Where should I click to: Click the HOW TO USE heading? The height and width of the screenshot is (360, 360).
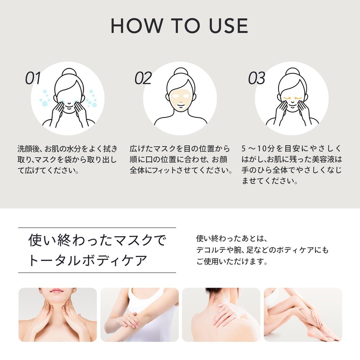click(180, 26)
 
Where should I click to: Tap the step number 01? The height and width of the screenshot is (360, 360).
click(33, 78)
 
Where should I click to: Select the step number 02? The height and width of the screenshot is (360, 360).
click(143, 78)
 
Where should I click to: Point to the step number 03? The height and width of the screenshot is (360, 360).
click(256, 78)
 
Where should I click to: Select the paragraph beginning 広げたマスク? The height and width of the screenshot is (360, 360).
click(180, 160)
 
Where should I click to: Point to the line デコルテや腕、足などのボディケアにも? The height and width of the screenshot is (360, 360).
click(262, 250)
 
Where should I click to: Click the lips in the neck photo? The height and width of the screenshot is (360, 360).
click(57, 292)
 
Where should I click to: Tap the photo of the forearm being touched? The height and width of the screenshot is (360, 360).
click(139, 315)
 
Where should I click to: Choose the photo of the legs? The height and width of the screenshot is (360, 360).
click(302, 315)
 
